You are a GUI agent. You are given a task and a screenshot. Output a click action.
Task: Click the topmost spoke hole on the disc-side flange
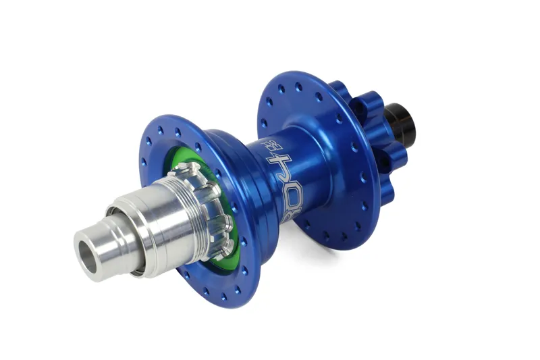click(x=298, y=86)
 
